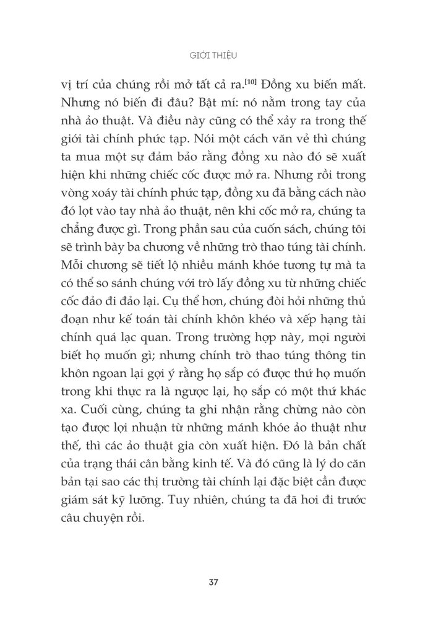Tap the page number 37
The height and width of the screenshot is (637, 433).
tap(216, 583)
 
